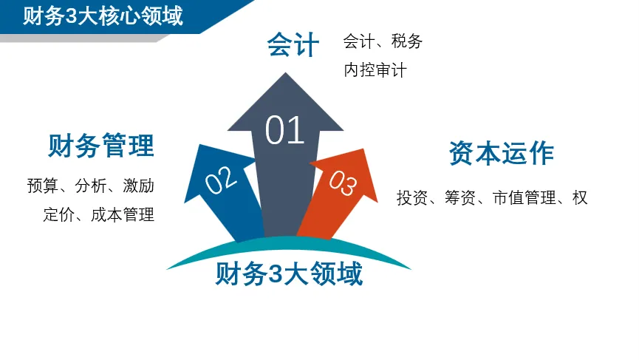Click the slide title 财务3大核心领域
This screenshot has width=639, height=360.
coord(103,16)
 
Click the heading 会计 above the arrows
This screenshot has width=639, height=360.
coord(293,45)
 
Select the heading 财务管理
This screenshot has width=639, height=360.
coord(101,146)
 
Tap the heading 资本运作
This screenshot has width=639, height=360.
coord(502,153)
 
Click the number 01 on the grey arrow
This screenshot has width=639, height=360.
coord(285,131)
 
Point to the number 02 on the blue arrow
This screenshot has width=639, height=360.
coord(220,180)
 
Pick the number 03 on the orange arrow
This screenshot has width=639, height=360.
coord(342,183)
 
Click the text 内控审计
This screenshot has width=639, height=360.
coord(375,71)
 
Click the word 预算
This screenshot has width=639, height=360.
coord(41,186)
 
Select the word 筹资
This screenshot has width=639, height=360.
coord(460,198)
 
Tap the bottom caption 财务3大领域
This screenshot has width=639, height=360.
coord(289,275)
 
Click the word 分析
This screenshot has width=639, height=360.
coord(90,186)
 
